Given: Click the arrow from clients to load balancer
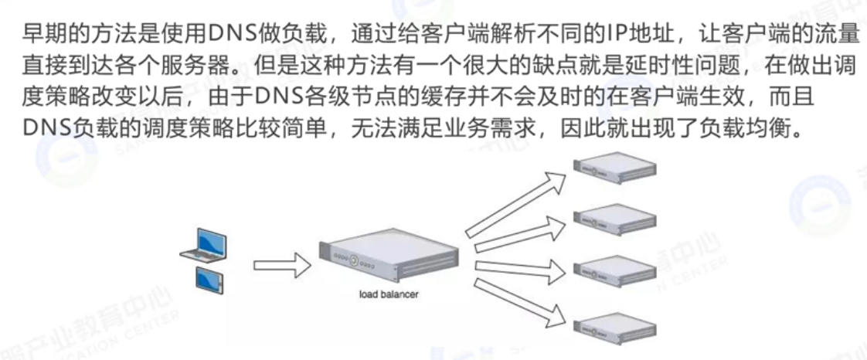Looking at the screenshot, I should (x=281, y=266).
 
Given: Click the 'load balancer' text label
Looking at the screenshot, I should (x=389, y=294).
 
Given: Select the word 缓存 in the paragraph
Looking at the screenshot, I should (x=473, y=98).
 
